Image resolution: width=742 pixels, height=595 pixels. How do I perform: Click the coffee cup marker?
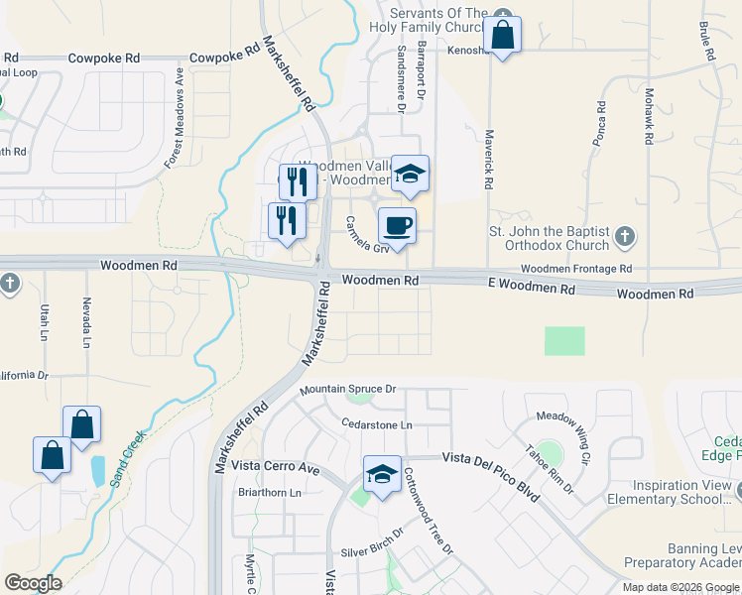pyautogui.click(x=397, y=227)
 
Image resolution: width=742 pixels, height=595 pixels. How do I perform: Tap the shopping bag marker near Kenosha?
pyautogui.click(x=503, y=36)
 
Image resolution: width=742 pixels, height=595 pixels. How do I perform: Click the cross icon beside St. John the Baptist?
pyautogui.click(x=624, y=236)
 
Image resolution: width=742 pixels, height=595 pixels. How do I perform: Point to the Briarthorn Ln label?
pyautogui.click(x=268, y=492)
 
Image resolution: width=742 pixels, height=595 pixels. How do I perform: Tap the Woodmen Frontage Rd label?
pyautogui.click(x=575, y=269)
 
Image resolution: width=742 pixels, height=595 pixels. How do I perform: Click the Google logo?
pyautogui.click(x=34, y=583)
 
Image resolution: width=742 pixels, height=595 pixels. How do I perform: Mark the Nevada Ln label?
pyautogui.click(x=86, y=323)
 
